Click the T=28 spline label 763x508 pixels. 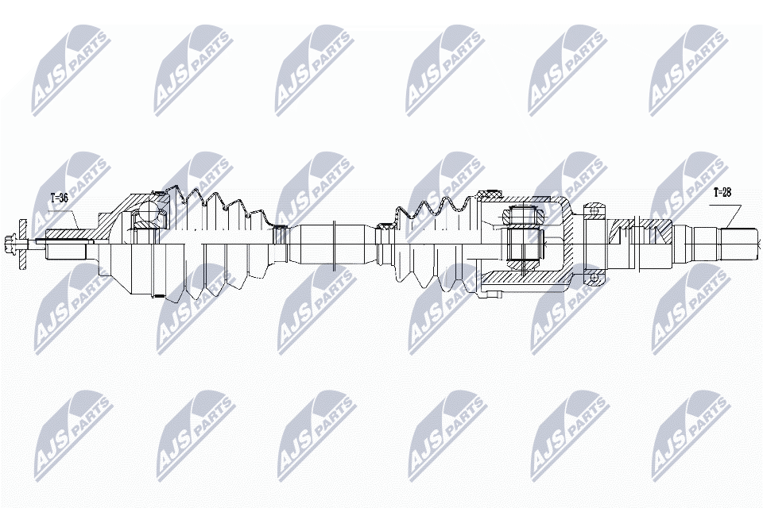tap(722, 192)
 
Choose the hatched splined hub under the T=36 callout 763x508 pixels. tap(68, 234)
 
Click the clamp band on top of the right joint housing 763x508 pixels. tap(489, 195)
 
